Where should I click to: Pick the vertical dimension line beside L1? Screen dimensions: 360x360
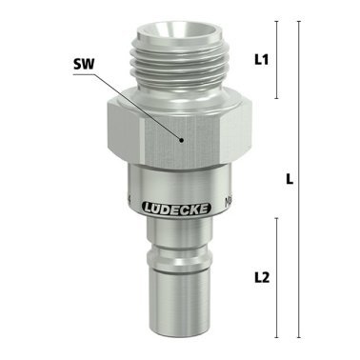(277, 59)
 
